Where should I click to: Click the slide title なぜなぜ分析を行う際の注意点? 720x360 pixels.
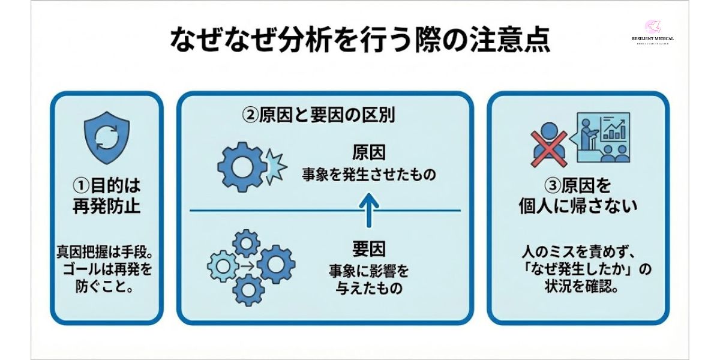[360, 42]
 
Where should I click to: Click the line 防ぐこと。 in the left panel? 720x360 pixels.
[106, 286]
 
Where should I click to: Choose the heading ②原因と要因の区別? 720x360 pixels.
[318, 115]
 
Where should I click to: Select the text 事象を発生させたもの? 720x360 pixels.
[368, 176]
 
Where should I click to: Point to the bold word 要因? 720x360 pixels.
[368, 247]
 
